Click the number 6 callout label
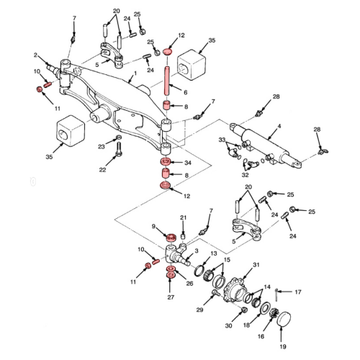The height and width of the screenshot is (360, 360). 185,92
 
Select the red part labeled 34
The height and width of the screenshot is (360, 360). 166,161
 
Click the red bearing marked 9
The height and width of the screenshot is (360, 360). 171,238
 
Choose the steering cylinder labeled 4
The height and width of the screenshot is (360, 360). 265,145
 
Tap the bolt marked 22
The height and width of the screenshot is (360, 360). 119,149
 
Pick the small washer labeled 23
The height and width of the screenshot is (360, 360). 118,138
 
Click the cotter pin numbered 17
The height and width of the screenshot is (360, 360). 276,294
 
